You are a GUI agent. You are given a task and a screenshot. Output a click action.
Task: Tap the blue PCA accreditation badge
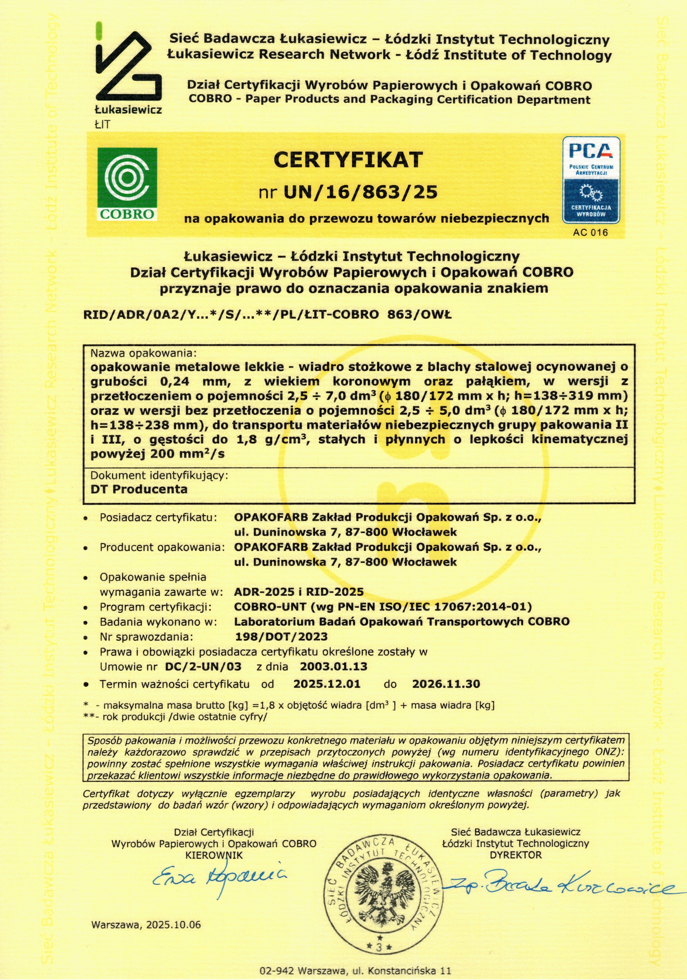click(x=591, y=180)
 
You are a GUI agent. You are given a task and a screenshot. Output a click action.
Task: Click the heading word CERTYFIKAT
click(x=348, y=160)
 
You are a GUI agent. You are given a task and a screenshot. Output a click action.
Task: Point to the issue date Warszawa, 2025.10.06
click(x=145, y=933)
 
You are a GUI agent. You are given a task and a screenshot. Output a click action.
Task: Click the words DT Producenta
click(x=139, y=489)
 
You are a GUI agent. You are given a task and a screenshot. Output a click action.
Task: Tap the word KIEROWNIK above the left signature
click(x=214, y=855)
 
